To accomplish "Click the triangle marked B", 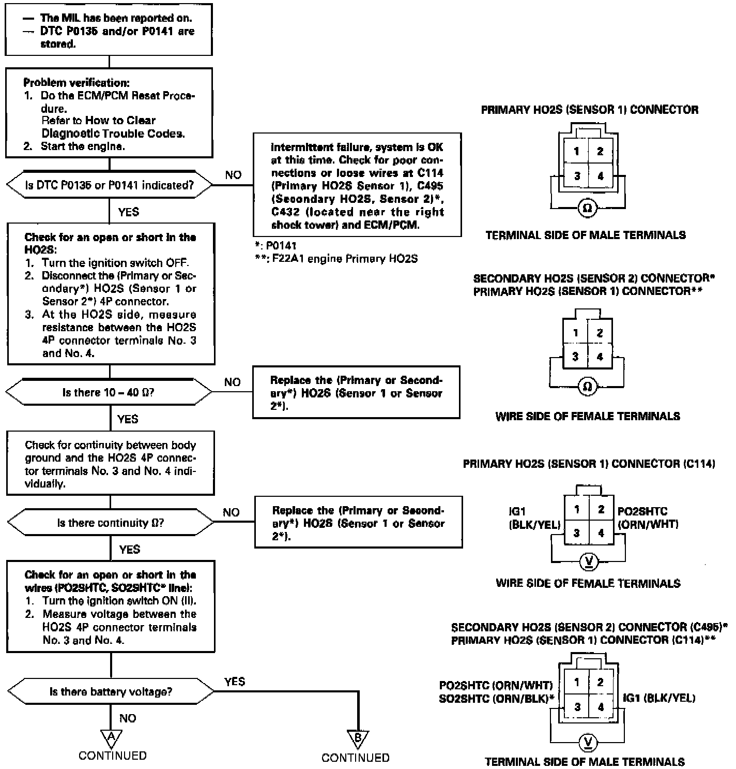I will pos(357,738).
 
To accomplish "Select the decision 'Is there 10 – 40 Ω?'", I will pos(109,392).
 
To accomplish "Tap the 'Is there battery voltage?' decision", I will pos(111,691).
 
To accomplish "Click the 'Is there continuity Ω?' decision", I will pos(111,523).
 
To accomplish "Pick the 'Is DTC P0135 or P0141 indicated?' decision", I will pos(109,185).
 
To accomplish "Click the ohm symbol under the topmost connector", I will pos(587,208).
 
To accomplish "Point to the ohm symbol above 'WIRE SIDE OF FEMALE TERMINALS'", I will pos(587,387).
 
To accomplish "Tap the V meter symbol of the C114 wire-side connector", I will pos(588,561).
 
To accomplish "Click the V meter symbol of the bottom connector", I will pos(588,743).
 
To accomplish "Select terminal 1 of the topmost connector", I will pos(576,152).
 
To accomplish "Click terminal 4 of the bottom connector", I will pos(600,707).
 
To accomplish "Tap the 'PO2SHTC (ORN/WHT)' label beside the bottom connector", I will pos(496,685).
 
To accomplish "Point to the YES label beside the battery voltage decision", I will pos(235,682).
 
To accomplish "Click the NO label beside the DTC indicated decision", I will pos(233,175).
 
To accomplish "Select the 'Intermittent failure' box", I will pos(357,185).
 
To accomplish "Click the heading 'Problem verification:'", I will pos(76,83).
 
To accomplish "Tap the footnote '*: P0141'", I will pos(276,246).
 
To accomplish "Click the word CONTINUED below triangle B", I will pos(355,758).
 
